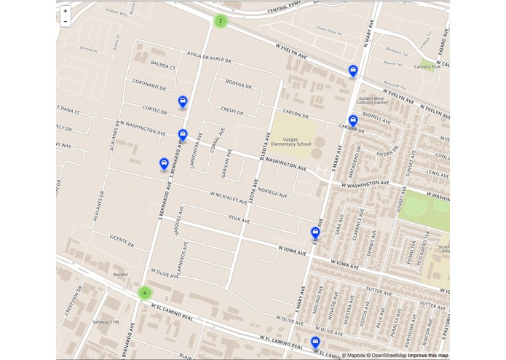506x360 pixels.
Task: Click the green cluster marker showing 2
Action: coord(220,21)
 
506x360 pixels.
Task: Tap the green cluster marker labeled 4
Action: coord(146,293)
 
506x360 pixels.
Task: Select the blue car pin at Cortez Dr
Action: coord(183,102)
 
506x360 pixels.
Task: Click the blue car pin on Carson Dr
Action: coord(353,121)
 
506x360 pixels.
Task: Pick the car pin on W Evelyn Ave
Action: coord(353,71)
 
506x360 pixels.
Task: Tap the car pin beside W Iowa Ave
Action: coord(315,233)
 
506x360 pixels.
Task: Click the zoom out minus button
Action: coord(66,22)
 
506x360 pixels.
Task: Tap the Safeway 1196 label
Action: coord(106,321)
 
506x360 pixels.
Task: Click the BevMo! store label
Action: coord(120,274)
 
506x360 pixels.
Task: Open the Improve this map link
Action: coord(428,355)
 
